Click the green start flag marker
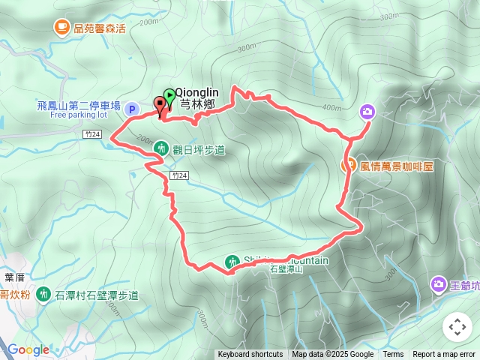pos(169,96)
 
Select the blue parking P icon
pos(132,109)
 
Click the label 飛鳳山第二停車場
pos(79,106)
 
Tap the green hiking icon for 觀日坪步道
pos(160,149)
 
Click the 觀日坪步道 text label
pos(199,150)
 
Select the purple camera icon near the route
pos(367,112)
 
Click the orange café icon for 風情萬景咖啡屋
pos(349,166)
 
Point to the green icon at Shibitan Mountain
pos(232,262)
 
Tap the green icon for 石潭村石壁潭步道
pos(42,295)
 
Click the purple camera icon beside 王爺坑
pos(438,285)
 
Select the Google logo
pos(28,349)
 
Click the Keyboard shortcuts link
pos(250,355)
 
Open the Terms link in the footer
pos(393,355)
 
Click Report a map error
pos(444,355)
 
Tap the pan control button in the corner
pos(457,327)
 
